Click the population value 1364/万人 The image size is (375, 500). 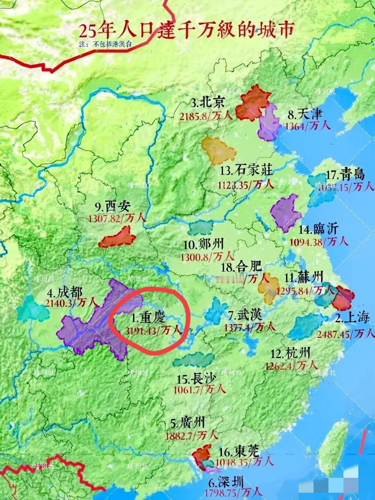[x=308, y=125]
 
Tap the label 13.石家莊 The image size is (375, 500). [x=247, y=170]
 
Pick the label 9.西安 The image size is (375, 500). [x=112, y=207]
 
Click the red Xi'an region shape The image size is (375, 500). [x=117, y=238]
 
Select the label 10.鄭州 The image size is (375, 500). [x=204, y=244]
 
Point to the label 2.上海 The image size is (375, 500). [x=352, y=317]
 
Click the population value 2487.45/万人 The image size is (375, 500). [x=346, y=334]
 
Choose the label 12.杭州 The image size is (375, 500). [x=290, y=354]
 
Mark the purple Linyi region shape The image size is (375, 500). [x=285, y=212]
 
